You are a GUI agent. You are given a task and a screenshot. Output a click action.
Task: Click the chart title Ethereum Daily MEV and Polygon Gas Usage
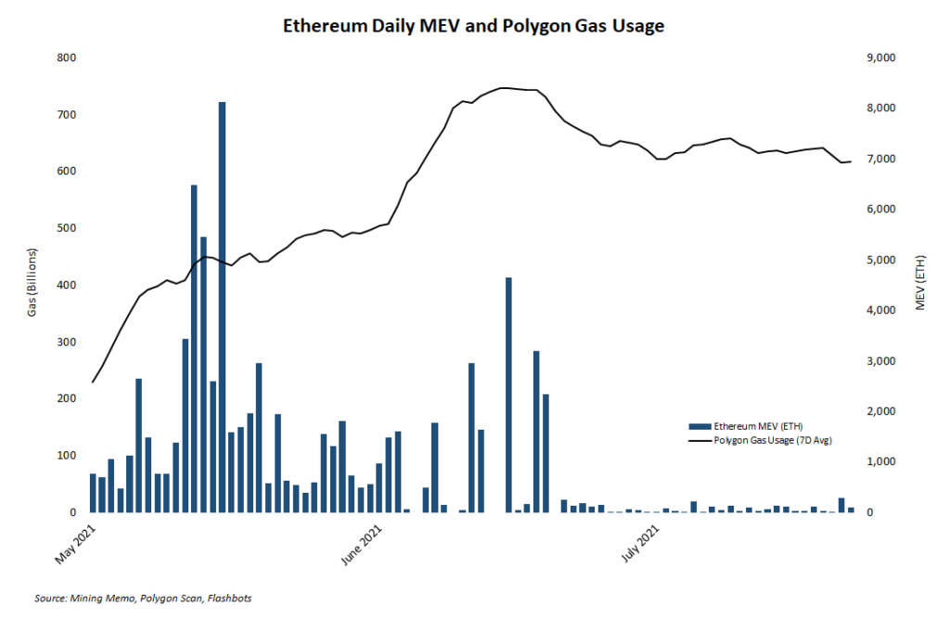(x=474, y=26)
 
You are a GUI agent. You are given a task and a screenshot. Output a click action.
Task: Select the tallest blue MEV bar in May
(x=223, y=306)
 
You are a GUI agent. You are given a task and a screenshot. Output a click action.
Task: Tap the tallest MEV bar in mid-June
(x=508, y=394)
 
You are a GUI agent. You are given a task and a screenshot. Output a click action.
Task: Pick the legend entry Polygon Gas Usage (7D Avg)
(x=772, y=440)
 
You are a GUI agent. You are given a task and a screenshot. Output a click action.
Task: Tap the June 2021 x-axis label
(x=361, y=543)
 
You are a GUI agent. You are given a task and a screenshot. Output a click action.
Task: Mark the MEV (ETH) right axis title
(x=920, y=282)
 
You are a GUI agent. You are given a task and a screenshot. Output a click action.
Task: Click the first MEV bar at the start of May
(x=93, y=493)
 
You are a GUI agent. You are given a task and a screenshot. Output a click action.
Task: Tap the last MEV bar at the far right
(x=851, y=509)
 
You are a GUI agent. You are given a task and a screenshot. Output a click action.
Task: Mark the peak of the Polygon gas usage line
(x=502, y=88)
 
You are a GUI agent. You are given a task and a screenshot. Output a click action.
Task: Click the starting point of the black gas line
(x=93, y=381)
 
